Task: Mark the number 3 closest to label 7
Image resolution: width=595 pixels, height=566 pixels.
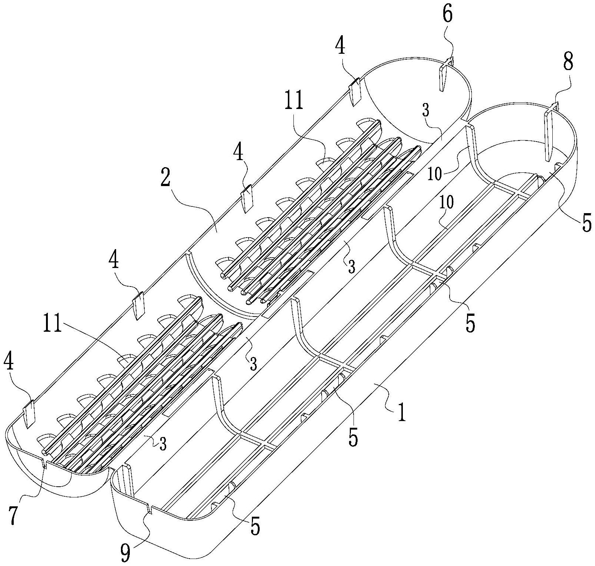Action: pos(162,444)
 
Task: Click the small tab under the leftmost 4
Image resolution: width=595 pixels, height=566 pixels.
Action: pos(29,414)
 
